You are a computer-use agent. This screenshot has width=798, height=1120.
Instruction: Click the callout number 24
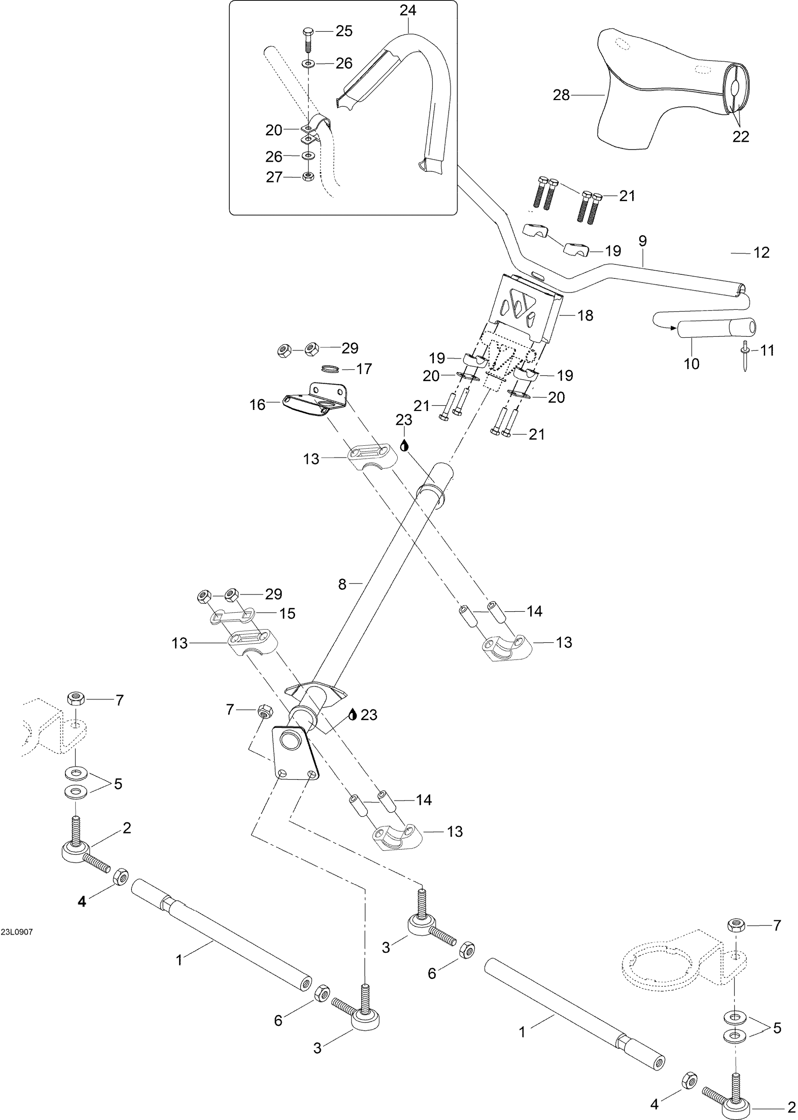pyautogui.click(x=407, y=10)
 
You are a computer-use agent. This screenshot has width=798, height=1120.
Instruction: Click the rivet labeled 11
pyautogui.click(x=745, y=356)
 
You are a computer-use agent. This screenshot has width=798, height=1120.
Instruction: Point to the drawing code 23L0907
pyautogui.click(x=17, y=932)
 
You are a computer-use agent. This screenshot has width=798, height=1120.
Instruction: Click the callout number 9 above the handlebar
pyautogui.click(x=643, y=241)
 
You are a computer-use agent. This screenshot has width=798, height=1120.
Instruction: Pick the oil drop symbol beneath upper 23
pyautogui.click(x=404, y=445)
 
